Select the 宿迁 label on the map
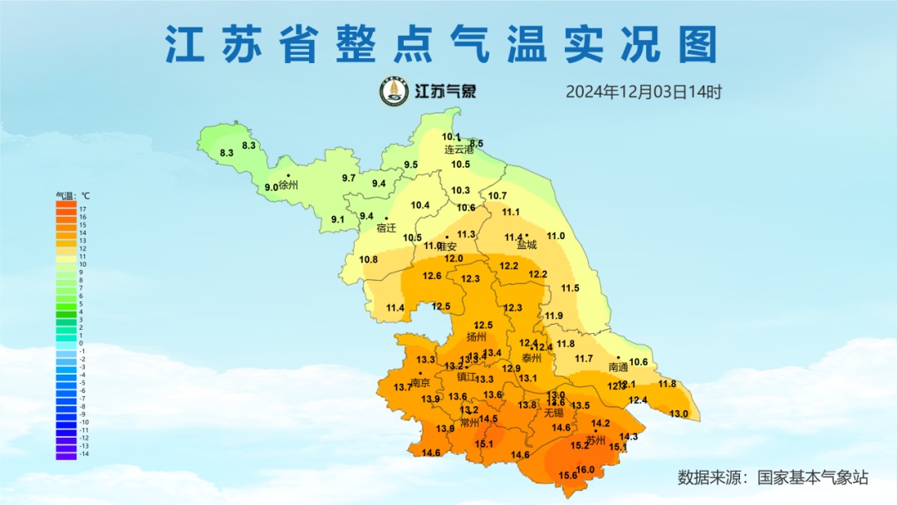click(x=386, y=228)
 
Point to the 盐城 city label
click(x=527, y=245)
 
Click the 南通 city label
click(x=618, y=366)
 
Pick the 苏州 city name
click(x=596, y=440)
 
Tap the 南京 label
click(x=420, y=383)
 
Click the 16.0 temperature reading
click(x=586, y=470)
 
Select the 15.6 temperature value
click(x=568, y=476)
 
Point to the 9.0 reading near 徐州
click(x=272, y=188)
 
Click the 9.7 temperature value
click(x=349, y=179)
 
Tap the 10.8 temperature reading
click(x=369, y=259)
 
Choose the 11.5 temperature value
click(x=570, y=288)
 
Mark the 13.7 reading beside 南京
click(x=402, y=388)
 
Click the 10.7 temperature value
click(x=498, y=196)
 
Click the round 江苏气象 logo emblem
click(x=395, y=91)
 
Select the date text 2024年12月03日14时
click(x=644, y=91)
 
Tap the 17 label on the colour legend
click(x=82, y=209)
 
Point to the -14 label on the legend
click(x=84, y=454)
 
